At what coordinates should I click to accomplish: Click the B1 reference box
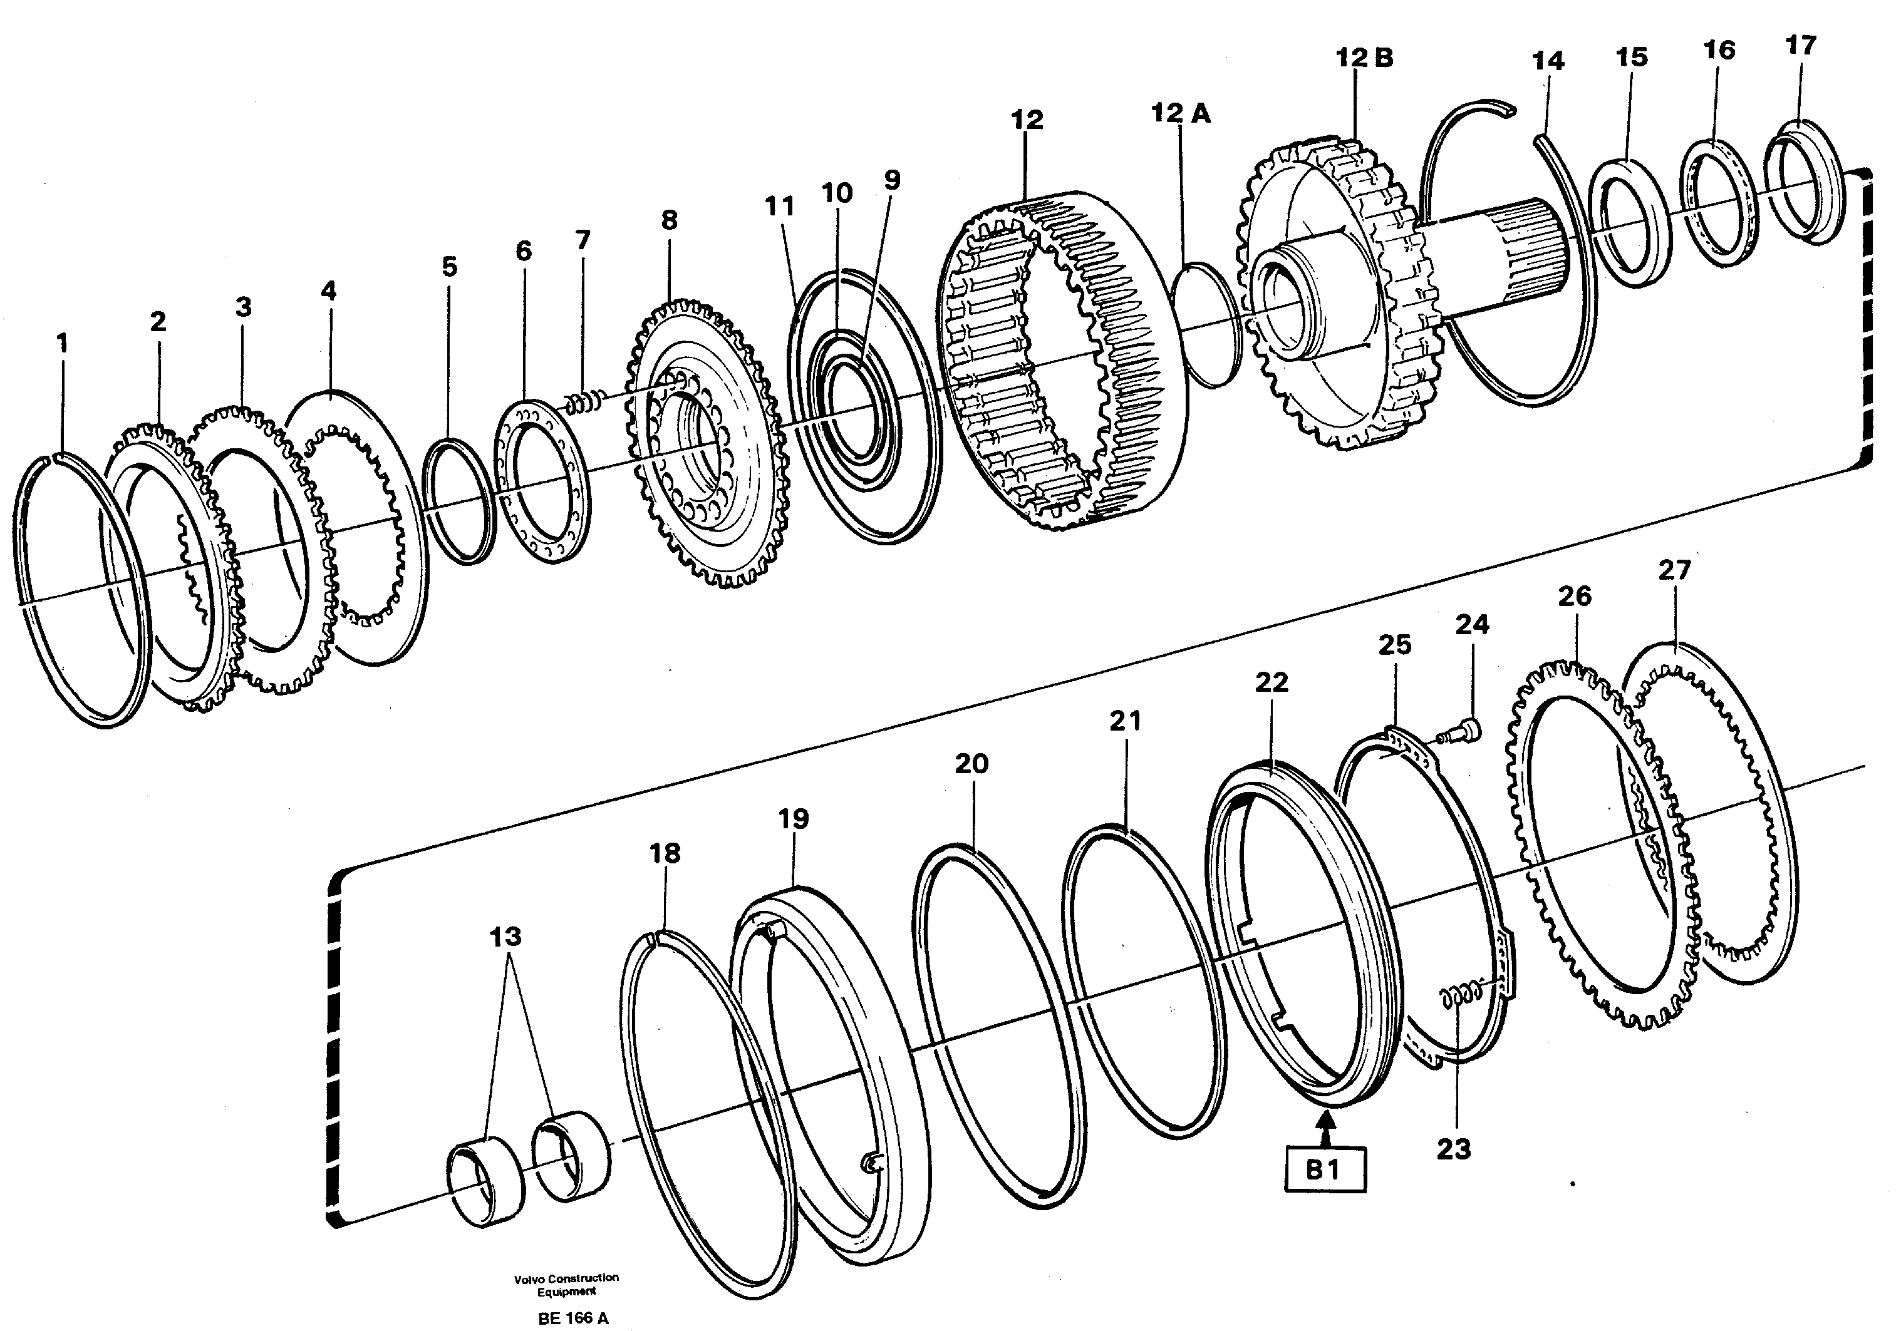click(x=1325, y=1169)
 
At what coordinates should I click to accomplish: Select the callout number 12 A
click(x=1181, y=113)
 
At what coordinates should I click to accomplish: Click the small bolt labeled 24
click(x=1461, y=732)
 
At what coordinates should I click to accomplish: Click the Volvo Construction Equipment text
click(x=566, y=1285)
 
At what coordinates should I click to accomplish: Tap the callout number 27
click(x=1674, y=570)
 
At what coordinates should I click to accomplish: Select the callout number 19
click(x=792, y=819)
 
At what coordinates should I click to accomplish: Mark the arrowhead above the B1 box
click(x=1325, y=1123)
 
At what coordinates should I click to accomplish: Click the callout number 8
click(x=669, y=220)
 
